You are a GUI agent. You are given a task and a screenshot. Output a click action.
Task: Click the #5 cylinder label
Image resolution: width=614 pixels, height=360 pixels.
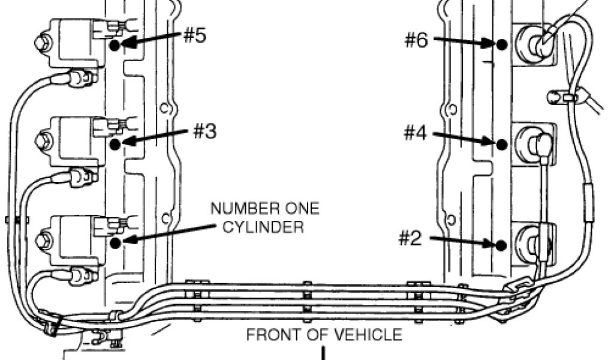point(194,35)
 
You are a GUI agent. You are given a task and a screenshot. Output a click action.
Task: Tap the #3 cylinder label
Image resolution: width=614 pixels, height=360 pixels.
point(204,131)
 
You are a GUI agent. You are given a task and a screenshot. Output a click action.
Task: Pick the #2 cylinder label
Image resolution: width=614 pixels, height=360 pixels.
point(411,239)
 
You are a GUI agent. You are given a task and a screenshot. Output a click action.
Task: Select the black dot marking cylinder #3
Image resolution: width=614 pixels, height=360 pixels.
point(115,143)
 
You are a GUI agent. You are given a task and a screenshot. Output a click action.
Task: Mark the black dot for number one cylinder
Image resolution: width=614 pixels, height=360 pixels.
point(115,242)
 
